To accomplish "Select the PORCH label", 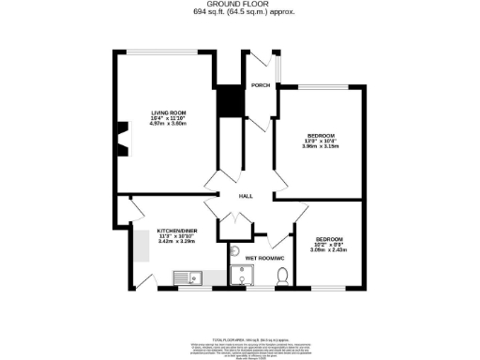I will tap(260, 85).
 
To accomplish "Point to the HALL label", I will tap(246, 196).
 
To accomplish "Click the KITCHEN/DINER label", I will tap(175, 230).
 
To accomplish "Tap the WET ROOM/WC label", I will tap(265, 256).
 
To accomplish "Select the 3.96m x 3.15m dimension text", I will tap(319, 146).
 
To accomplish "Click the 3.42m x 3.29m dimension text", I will tap(175, 241).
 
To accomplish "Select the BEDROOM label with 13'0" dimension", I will tap(319, 135).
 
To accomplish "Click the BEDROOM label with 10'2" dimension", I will tap(330, 238).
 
